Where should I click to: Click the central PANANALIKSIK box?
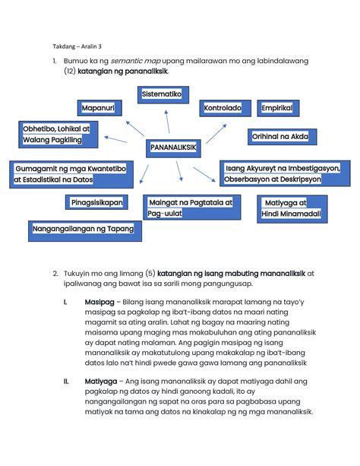tap(174, 147)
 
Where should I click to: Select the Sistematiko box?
tap(163, 94)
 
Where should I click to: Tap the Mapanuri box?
tap(98, 109)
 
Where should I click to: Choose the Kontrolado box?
tap(223, 109)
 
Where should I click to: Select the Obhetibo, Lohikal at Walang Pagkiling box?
tap(56, 136)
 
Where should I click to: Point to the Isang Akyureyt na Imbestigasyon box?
tap(283, 173)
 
